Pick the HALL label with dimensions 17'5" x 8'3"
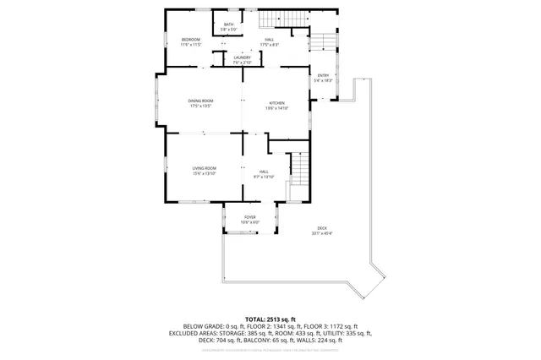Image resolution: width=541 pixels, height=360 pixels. click(x=270, y=41)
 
